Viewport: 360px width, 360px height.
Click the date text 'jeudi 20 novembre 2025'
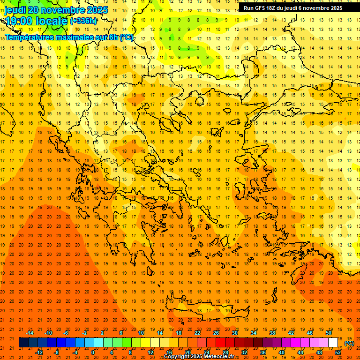click(56, 10)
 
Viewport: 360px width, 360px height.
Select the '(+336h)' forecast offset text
click(84, 21)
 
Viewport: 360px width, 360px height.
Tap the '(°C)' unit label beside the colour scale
click(349, 343)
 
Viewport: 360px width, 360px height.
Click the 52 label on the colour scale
click(338, 352)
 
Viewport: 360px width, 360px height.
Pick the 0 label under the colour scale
click(92, 352)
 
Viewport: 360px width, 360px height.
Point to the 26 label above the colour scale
click(216, 333)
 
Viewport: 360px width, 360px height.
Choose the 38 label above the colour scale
click(272, 333)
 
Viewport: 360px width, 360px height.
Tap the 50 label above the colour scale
click(329, 333)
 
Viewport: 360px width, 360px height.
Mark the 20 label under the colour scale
click(187, 352)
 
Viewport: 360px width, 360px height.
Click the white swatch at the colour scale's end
click(333, 343)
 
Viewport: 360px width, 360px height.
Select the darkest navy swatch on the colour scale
click(23, 343)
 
